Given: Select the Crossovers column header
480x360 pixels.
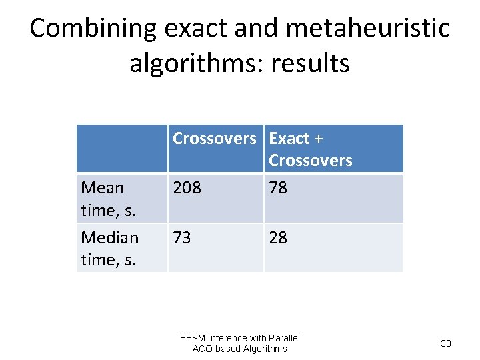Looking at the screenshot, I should tap(214, 139).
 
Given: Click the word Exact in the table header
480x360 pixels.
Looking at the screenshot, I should tap(289, 139).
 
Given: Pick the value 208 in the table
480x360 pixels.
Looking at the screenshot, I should tap(187, 188).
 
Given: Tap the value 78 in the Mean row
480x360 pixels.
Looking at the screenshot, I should tap(278, 188).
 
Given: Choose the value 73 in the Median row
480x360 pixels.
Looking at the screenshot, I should tap(182, 237).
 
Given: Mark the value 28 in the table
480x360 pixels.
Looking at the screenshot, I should tap(278, 237).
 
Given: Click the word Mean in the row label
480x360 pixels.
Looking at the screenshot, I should tap(102, 188).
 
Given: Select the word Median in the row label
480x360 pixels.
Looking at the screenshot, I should tap(109, 237).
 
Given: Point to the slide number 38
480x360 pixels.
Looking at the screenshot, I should tap(446, 343).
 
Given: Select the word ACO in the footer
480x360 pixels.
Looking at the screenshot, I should tap(203, 349).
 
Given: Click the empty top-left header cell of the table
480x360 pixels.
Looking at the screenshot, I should tap(122, 149).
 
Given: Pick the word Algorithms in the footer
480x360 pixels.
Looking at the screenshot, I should tap(265, 349).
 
